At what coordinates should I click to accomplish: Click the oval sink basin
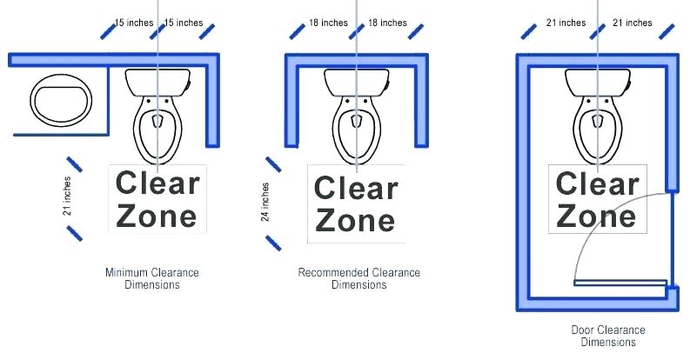(61, 101)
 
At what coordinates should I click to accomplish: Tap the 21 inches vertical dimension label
(67, 196)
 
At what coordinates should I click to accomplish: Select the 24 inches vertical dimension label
(265, 203)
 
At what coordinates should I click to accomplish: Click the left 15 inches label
(134, 23)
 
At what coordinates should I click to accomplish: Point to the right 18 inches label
(387, 23)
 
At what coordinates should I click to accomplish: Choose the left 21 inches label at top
(566, 23)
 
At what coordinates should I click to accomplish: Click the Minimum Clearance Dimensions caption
(152, 278)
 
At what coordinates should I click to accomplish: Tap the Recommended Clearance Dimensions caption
(359, 278)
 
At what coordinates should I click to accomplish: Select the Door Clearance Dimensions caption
(608, 336)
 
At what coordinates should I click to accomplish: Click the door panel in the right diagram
(620, 283)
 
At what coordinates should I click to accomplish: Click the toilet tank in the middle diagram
(357, 82)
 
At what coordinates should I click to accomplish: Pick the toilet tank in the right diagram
(598, 82)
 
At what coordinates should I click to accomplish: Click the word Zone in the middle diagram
(355, 220)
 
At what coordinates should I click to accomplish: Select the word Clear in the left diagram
(157, 183)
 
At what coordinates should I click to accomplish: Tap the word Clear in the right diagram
(598, 183)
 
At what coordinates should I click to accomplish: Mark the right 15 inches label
(184, 23)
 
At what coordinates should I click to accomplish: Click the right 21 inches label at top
(633, 23)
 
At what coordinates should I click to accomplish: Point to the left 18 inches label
(328, 23)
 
